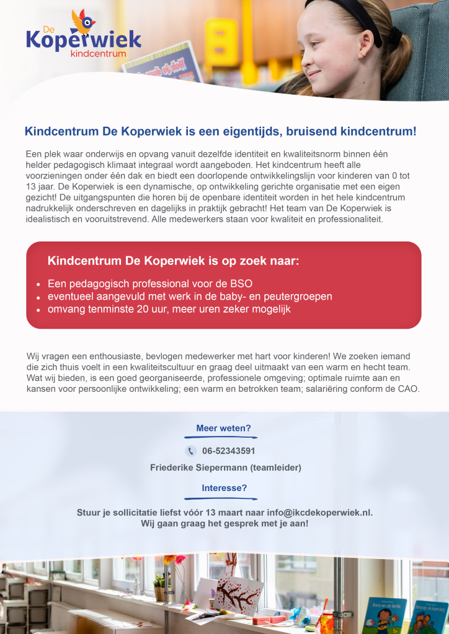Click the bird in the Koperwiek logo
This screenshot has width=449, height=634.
(82, 22)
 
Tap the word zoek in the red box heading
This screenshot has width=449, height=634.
(240, 261)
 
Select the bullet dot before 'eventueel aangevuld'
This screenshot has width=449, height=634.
(38, 298)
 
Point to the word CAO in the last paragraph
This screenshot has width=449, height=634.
(408, 389)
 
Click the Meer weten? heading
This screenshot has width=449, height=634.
(223, 428)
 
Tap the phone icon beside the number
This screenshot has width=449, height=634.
(190, 451)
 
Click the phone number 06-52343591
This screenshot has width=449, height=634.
(228, 451)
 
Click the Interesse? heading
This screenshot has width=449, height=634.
(224, 488)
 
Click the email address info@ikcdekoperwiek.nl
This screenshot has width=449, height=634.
(319, 513)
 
